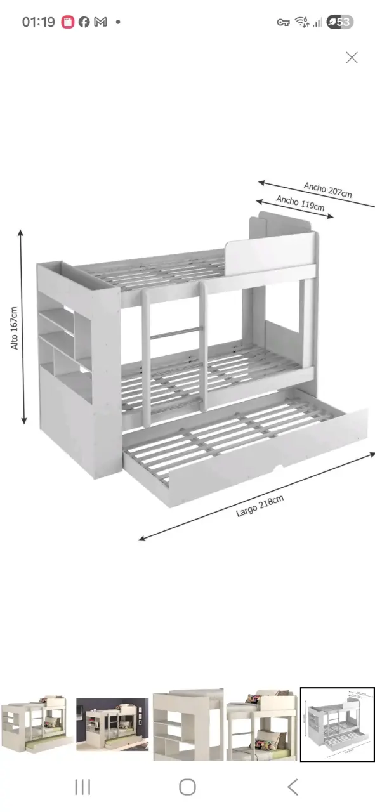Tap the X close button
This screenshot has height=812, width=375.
(352, 58)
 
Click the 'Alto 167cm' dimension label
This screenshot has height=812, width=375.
(14, 328)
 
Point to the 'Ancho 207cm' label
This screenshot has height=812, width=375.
(328, 190)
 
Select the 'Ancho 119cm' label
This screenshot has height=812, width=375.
(300, 203)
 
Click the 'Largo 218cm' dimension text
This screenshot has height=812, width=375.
(260, 506)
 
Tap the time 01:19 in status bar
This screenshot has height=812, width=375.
(39, 22)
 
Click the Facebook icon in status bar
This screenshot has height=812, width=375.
(84, 22)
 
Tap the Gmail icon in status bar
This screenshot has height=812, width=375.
(100, 22)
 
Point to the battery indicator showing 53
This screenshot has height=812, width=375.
(340, 22)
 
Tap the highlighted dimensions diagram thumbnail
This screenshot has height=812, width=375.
(338, 724)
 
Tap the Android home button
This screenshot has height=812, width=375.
(188, 787)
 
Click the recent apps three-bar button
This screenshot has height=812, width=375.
(82, 787)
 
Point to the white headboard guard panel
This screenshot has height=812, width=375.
(270, 253)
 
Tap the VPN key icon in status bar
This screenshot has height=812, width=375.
(283, 22)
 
